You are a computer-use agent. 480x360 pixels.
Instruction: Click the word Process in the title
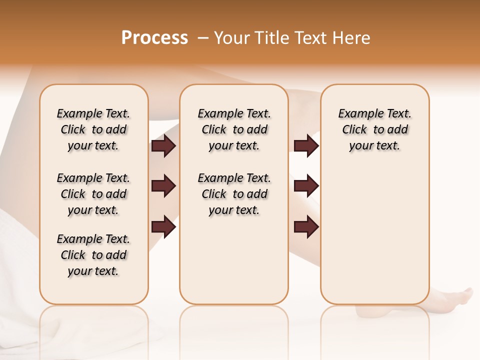[x=154, y=38]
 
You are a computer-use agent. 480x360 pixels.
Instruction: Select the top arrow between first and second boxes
[x=163, y=145]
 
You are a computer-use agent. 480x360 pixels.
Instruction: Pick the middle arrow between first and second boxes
[x=163, y=186]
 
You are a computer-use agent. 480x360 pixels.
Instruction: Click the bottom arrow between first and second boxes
[x=163, y=226]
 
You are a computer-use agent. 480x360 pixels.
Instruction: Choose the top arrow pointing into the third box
[x=306, y=145]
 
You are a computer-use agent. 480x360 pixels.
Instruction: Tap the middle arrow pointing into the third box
[x=306, y=186]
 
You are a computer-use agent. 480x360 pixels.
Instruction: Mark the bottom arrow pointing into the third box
[x=306, y=226]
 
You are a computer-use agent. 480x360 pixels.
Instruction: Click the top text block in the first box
[x=93, y=129]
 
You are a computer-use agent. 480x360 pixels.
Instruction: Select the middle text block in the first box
[x=93, y=194]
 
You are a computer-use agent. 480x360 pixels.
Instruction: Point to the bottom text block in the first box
[x=93, y=255]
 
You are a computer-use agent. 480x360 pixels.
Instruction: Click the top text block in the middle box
[x=234, y=129]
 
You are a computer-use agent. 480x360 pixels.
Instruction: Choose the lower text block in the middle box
[x=234, y=194]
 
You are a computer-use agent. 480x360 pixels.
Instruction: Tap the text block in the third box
[x=374, y=129]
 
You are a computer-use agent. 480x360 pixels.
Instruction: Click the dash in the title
[x=203, y=38]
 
